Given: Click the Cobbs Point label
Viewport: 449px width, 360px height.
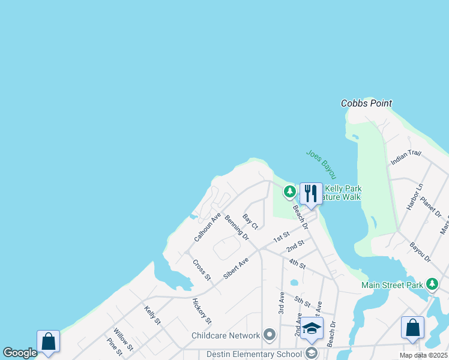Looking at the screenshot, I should (366, 103).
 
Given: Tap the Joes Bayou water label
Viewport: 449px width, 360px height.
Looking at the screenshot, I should (321, 163).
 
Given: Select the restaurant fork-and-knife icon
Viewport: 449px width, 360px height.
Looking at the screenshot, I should (311, 193).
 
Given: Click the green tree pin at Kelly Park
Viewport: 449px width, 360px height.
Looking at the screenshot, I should (290, 192).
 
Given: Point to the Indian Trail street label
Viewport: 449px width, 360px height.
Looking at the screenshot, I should (406, 158).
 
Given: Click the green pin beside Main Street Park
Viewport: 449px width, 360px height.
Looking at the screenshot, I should (432, 284).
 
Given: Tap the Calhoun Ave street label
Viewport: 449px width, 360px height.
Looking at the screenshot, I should (207, 227).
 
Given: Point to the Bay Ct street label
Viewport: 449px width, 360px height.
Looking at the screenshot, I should (250, 221).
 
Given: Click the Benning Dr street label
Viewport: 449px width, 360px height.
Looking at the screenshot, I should (237, 228).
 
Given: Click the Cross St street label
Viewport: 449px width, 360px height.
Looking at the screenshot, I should (202, 269).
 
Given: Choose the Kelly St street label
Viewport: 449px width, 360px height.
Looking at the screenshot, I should (152, 314).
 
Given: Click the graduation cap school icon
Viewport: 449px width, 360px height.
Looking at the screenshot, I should (312, 328).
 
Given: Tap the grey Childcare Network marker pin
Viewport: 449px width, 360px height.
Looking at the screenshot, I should (270, 335).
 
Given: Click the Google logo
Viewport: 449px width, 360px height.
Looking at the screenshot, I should (20, 353).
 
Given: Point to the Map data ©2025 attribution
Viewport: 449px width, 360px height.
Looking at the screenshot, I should (423, 355).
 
